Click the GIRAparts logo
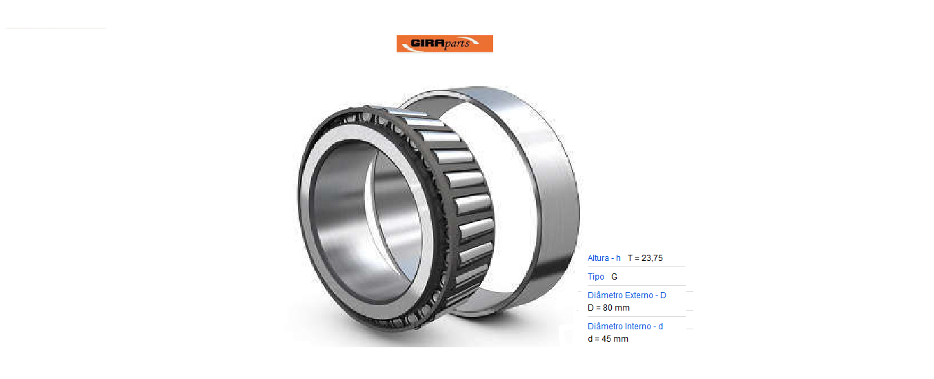(x=444, y=43)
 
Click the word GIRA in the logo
(x=428, y=43)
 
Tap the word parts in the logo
(x=457, y=43)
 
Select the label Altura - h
(x=604, y=258)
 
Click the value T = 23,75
(x=645, y=258)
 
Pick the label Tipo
(x=596, y=277)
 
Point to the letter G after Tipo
(x=614, y=277)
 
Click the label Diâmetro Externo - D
(x=627, y=295)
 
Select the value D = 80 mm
(x=608, y=308)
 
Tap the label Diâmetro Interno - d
(x=625, y=327)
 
